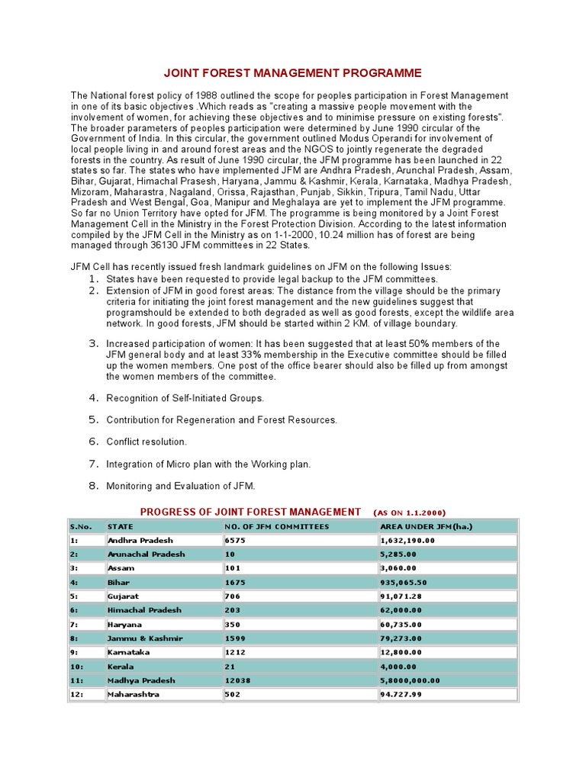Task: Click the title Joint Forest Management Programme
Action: [x=293, y=73]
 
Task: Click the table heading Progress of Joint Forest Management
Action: [x=250, y=512]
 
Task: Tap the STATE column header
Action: [x=121, y=526]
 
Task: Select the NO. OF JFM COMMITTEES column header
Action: [x=276, y=526]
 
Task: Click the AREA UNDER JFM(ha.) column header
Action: [x=426, y=526]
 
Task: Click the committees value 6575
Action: [x=235, y=540]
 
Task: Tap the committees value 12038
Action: [x=237, y=680]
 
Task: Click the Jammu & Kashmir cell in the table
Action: [x=144, y=638]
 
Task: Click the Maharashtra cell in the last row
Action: [x=134, y=694]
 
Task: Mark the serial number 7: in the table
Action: [x=75, y=624]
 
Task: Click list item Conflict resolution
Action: [x=146, y=442]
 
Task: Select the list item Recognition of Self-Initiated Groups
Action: [x=185, y=398]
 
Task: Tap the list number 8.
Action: [x=94, y=485]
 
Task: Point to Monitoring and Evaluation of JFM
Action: [x=181, y=486]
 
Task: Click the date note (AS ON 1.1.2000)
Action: [x=410, y=513]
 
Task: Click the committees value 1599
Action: [x=235, y=638]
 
